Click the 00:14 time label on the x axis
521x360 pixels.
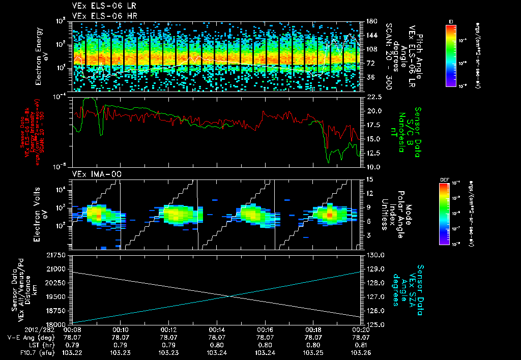pyautogui.click(x=217, y=329)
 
